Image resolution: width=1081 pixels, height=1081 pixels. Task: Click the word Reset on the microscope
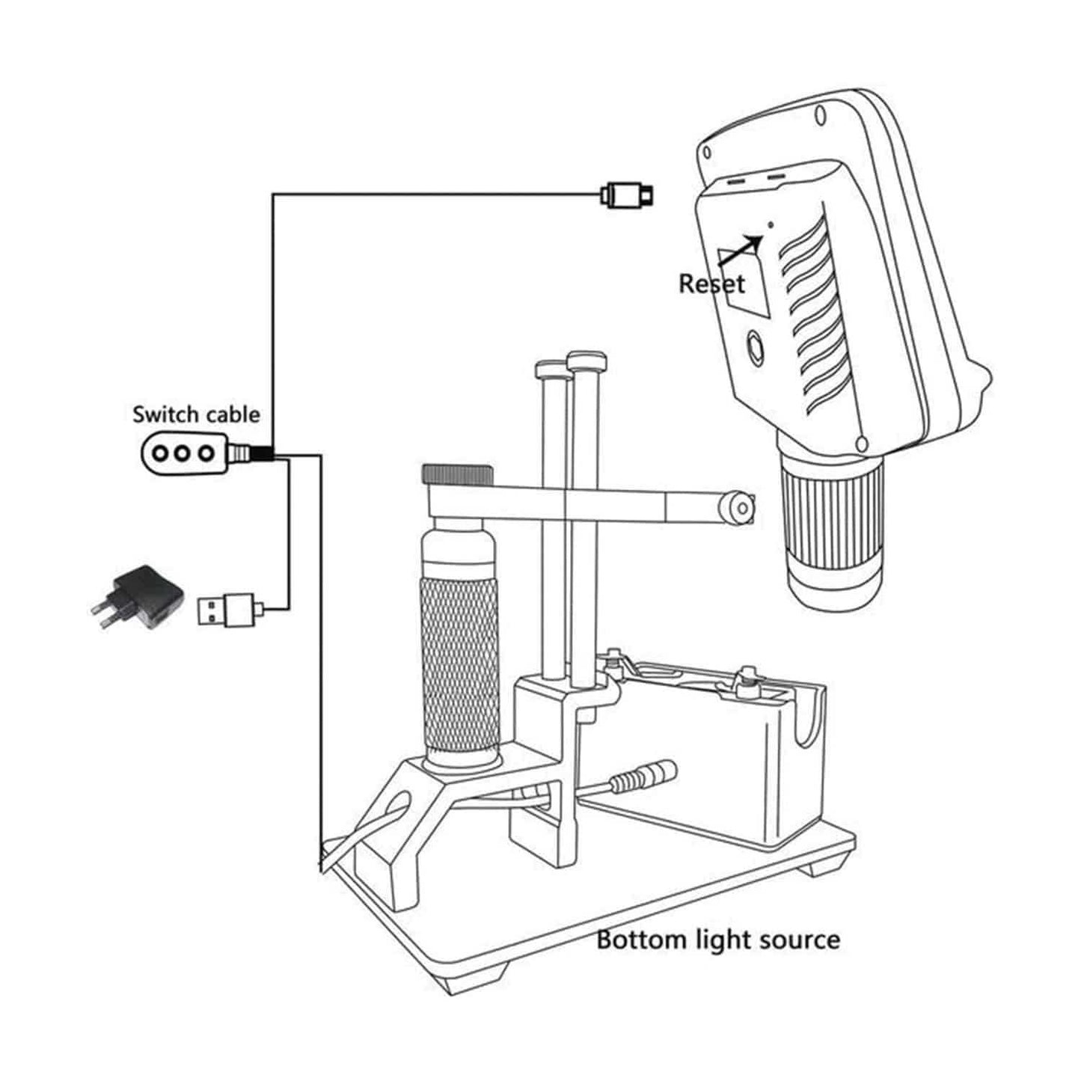(711, 284)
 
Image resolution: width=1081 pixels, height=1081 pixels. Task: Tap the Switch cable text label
(196, 414)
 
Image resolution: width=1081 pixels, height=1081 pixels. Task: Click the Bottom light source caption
(717, 939)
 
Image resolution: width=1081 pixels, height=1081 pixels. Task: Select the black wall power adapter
(138, 598)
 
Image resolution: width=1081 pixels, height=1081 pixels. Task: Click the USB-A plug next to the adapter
(225, 608)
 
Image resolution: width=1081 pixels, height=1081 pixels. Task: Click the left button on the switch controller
(160, 453)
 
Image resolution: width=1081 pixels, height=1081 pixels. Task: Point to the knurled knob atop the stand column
(458, 474)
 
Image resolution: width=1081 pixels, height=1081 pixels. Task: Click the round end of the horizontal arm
(735, 507)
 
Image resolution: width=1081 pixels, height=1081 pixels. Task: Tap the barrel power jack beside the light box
(643, 779)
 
